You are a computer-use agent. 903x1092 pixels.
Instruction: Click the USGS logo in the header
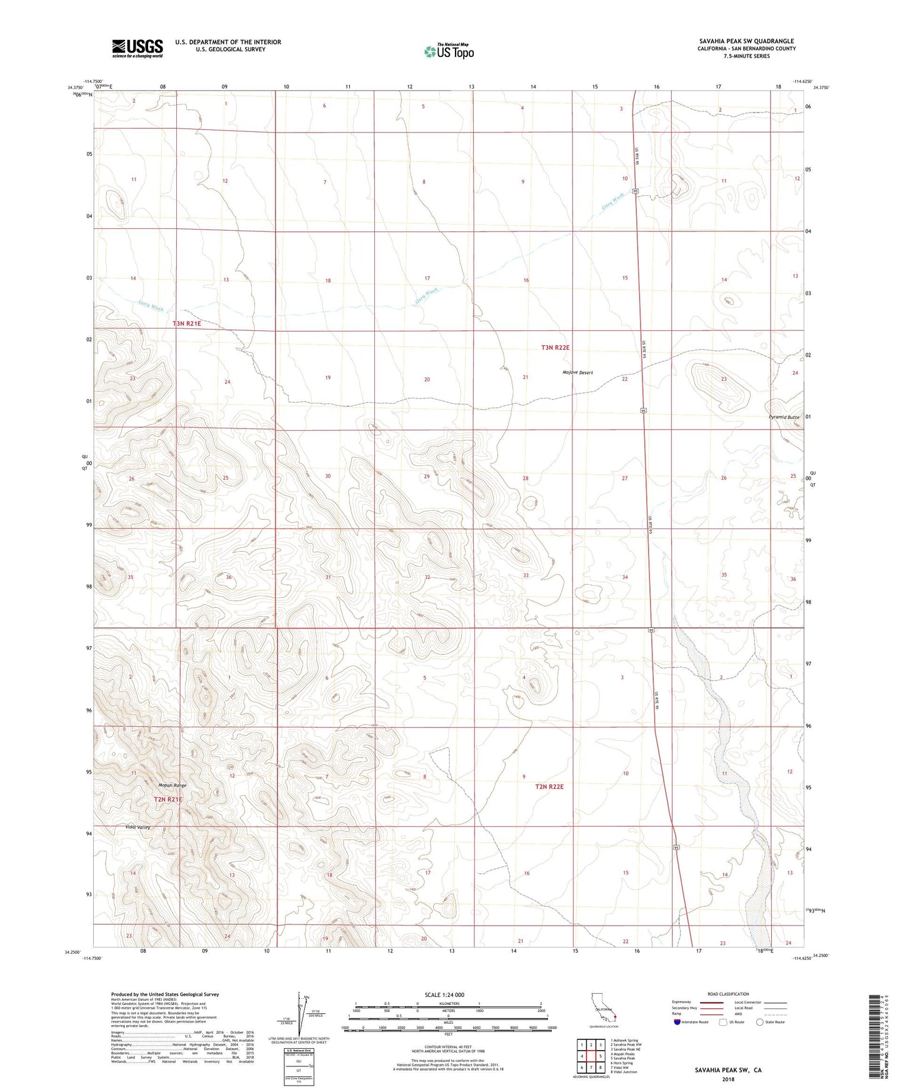pos(137,48)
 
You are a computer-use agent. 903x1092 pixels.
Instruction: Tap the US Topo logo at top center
pos(448,51)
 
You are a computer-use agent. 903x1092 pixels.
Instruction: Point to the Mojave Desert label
pos(577,373)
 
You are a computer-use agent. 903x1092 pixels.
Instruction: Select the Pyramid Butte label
pos(784,417)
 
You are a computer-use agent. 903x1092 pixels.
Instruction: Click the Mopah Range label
pos(172,786)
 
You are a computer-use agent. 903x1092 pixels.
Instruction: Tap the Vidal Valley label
pos(137,827)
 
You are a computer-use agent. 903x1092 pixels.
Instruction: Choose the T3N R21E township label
pos(187,323)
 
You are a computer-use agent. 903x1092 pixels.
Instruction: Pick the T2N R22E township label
pos(549,786)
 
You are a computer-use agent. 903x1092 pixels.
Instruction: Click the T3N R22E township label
pos(556,347)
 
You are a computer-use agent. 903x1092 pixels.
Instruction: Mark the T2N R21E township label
pos(168,799)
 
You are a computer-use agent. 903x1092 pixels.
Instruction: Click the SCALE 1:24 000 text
pos(444,994)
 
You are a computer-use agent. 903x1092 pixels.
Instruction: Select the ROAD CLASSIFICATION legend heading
pos(728,994)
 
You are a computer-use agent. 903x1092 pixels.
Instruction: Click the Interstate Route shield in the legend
pos(677,1022)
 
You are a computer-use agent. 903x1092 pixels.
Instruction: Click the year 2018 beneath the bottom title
pos(728,1079)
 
